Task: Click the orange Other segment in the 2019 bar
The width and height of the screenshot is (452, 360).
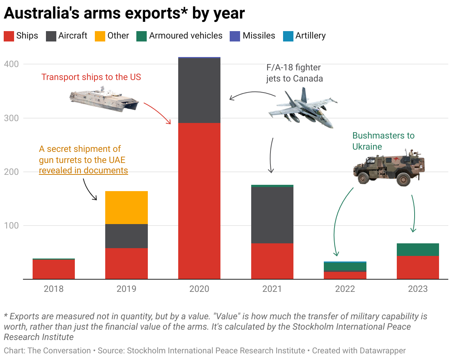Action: click(126, 207)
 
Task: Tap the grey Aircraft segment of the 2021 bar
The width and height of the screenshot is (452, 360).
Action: click(272, 215)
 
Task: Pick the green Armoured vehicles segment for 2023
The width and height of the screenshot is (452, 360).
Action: click(418, 250)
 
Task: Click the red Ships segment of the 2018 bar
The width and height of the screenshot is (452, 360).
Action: click(54, 269)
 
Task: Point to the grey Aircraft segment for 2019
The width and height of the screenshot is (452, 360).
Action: click(126, 236)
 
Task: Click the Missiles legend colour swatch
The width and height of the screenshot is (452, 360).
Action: click(235, 36)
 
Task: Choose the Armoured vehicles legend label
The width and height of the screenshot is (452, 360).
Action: click(186, 36)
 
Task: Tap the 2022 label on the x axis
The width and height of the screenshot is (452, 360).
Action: click(345, 289)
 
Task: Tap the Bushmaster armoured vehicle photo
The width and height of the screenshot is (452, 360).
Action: click(389, 167)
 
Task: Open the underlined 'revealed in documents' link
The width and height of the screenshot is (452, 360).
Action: click(83, 171)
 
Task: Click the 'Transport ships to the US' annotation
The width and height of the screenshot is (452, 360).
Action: click(91, 77)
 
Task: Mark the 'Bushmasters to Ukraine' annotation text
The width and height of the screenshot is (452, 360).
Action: click(383, 141)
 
